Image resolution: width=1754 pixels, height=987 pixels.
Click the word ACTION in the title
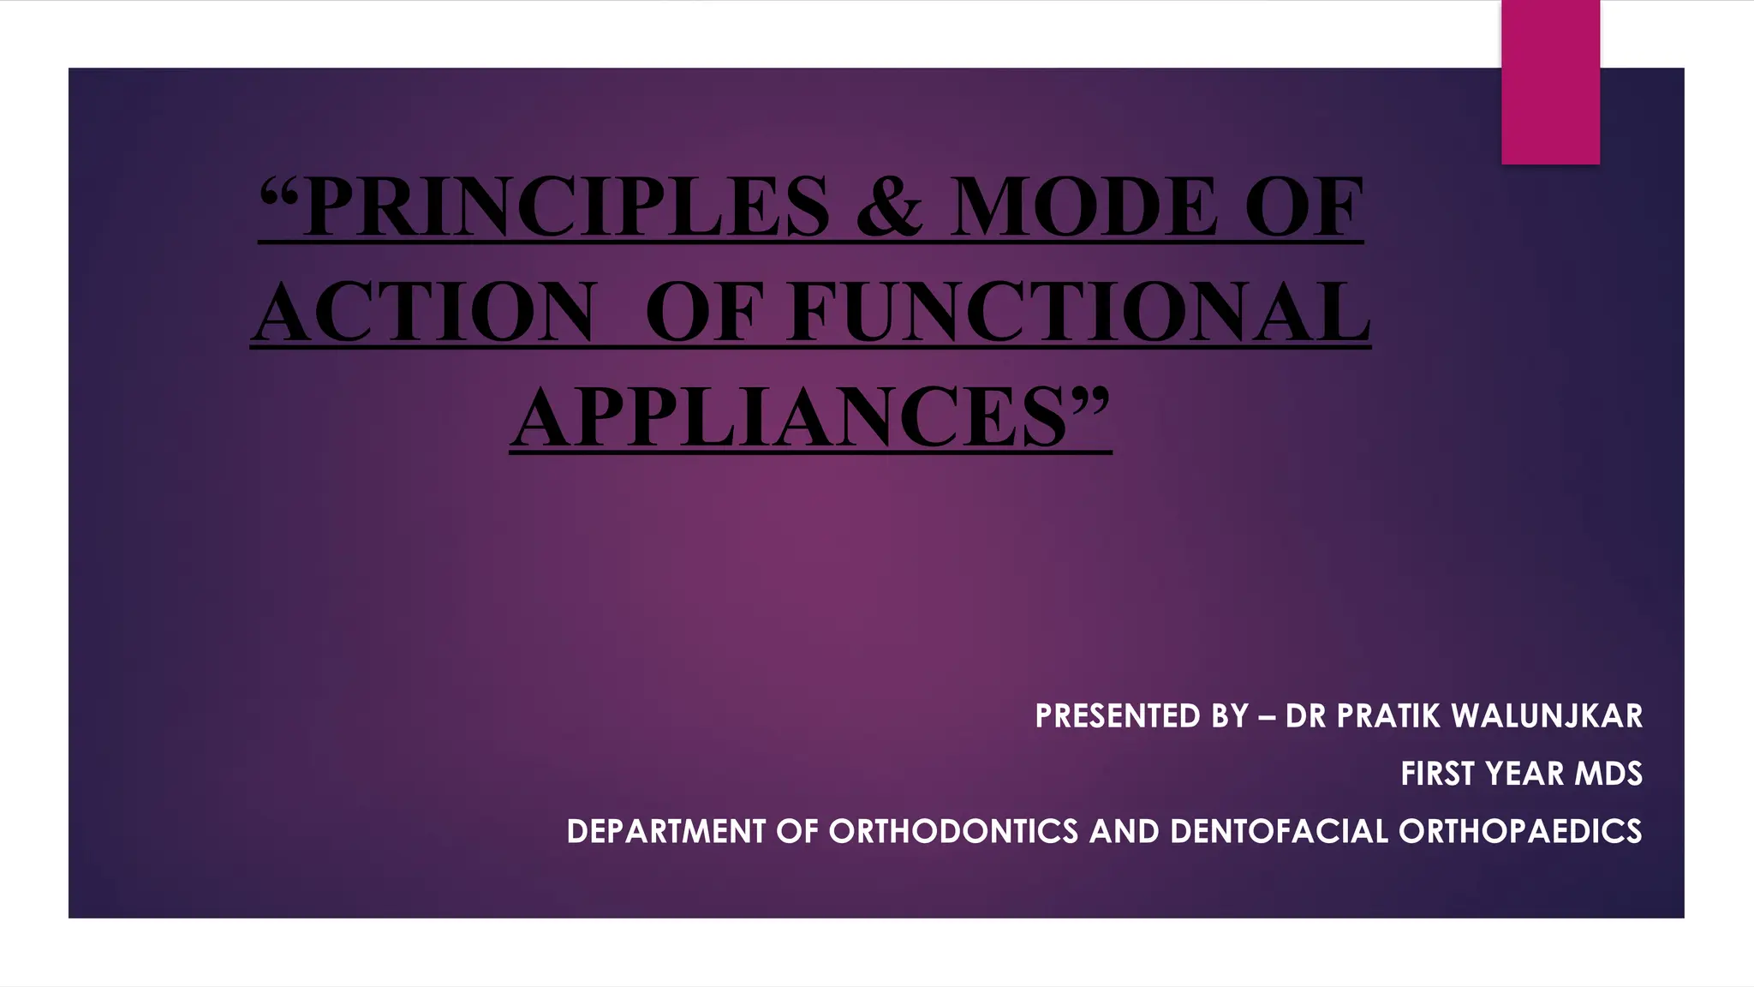(424, 312)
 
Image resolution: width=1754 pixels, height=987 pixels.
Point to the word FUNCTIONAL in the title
(1079, 312)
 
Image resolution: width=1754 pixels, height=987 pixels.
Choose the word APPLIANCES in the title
(792, 418)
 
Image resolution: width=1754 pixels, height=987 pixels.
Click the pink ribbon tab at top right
(1550, 82)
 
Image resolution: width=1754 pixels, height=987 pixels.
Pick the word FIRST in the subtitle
(1438, 774)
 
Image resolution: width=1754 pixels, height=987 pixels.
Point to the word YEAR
(1525, 774)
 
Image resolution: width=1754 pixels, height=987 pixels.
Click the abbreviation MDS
(1609, 774)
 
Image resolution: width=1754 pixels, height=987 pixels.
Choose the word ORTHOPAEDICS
(1520, 832)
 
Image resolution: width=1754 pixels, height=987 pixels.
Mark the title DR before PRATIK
(1306, 716)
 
